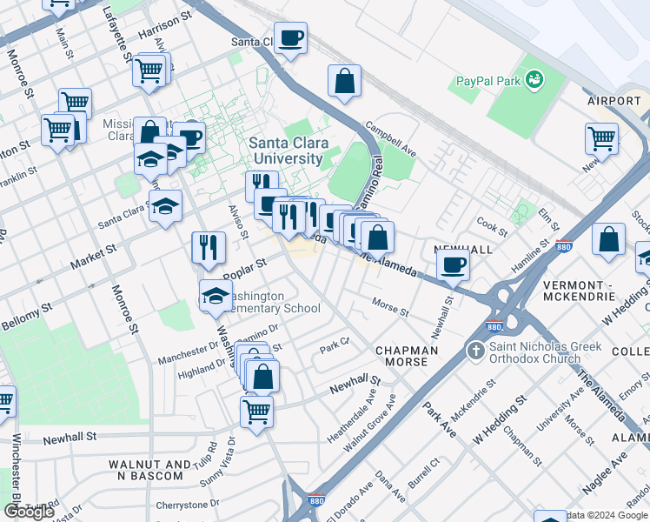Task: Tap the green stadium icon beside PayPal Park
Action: tap(534, 80)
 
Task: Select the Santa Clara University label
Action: tap(286, 151)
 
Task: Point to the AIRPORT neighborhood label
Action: tap(614, 101)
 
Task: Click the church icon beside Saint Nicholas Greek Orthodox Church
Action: tap(475, 351)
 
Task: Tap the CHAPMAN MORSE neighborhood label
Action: tap(407, 356)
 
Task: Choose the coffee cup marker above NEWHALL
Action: tap(453, 265)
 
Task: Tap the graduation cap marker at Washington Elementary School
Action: tap(216, 296)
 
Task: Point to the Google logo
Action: tap(29, 511)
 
